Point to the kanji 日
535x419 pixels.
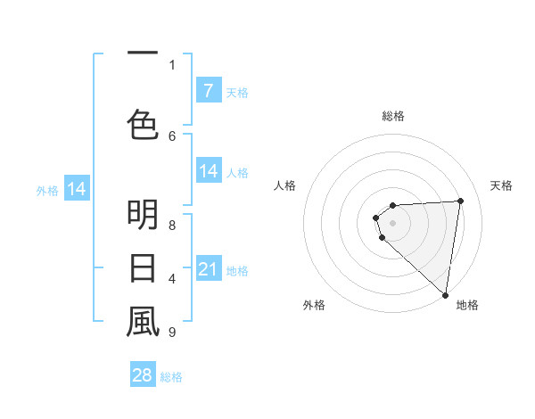point(143,267)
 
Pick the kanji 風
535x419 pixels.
point(143,322)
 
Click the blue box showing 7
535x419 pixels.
point(208,91)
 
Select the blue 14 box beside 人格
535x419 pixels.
point(208,171)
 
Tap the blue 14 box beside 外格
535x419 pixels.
point(77,189)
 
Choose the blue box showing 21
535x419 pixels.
point(208,269)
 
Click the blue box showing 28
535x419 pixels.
point(143,375)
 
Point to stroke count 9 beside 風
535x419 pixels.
point(172,333)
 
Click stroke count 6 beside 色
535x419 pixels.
point(172,136)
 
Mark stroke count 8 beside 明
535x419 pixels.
point(172,225)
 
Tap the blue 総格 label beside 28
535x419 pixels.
point(171,377)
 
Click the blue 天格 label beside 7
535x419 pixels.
point(237,93)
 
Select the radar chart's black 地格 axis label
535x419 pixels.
point(467,305)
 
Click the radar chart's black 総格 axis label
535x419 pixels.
point(392,116)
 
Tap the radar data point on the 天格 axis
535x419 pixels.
point(460,201)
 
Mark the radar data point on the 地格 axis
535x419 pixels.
point(446,295)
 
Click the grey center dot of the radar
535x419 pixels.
point(392,223)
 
